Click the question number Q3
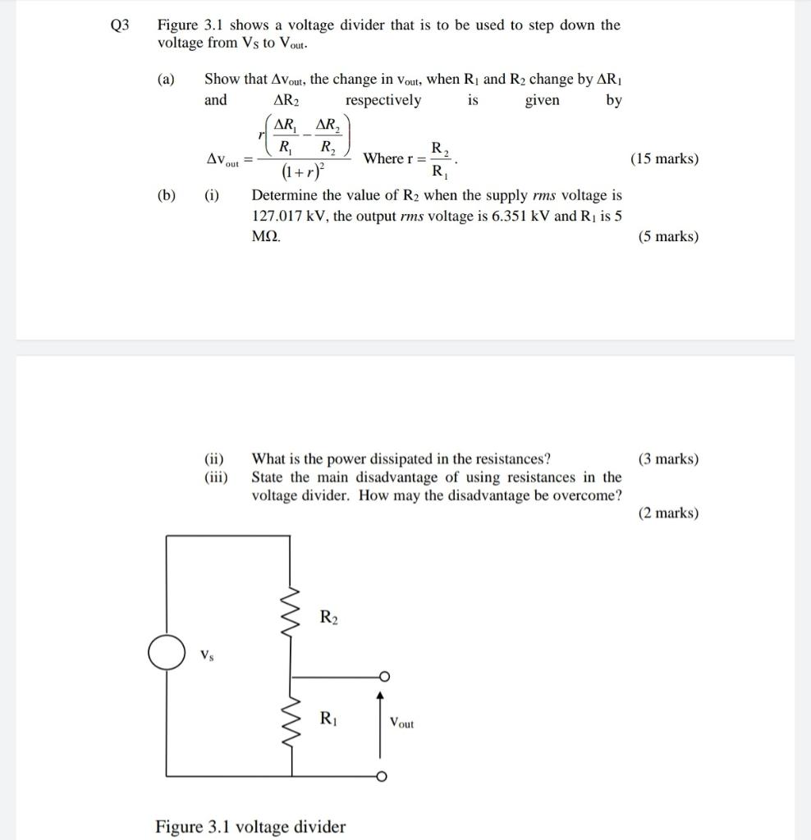[x=120, y=25]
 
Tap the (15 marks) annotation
[x=664, y=158]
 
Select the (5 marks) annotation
[x=668, y=237]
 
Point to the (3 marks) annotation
[x=668, y=459]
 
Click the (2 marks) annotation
[x=668, y=514]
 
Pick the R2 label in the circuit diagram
[x=329, y=616]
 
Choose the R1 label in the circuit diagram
[x=328, y=719]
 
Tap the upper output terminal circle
[x=382, y=677]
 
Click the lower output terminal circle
[x=382, y=777]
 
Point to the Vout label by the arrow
[x=401, y=723]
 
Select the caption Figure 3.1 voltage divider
[x=250, y=826]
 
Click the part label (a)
[x=167, y=80]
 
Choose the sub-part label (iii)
[x=216, y=477]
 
